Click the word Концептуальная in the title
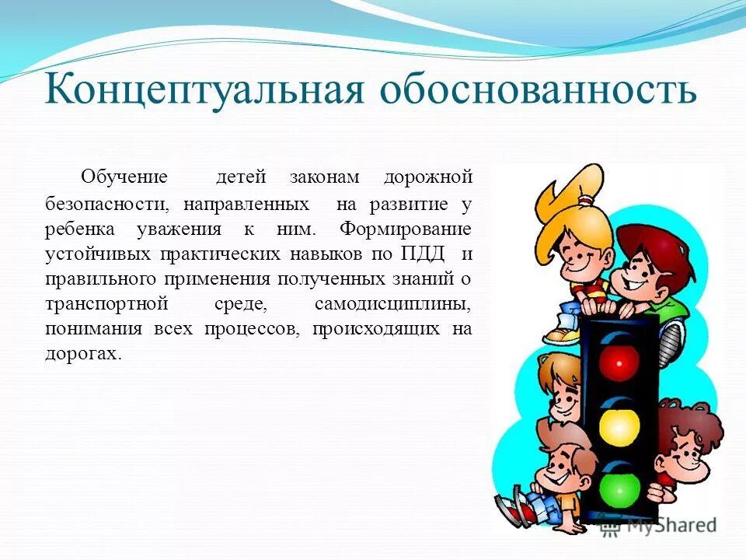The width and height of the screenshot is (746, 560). (204, 91)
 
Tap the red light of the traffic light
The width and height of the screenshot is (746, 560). (619, 359)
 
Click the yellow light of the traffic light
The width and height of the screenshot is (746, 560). (619, 425)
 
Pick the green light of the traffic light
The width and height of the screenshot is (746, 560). (619, 488)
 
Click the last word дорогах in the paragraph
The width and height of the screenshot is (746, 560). (83, 353)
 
